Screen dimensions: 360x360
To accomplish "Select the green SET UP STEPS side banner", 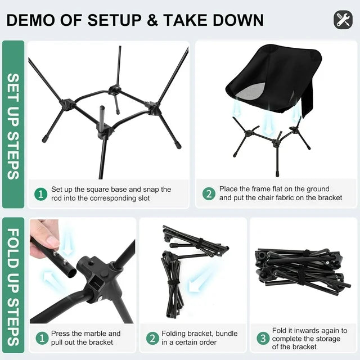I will (13, 125).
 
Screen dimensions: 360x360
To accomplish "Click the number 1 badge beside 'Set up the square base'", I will (40, 194).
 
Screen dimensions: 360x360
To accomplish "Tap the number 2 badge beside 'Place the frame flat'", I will (209, 194).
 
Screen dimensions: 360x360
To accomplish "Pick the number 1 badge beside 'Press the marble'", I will (40, 338).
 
